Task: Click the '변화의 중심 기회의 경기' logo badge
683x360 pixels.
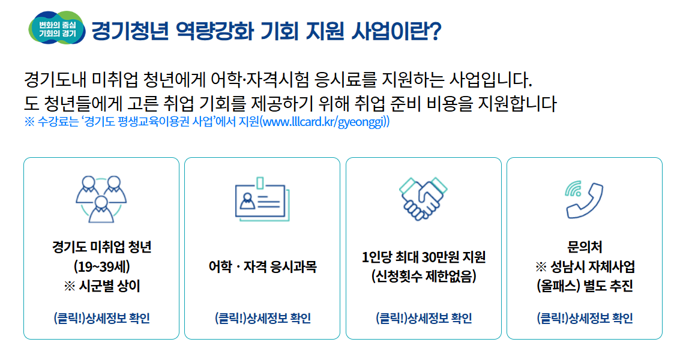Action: click(x=57, y=28)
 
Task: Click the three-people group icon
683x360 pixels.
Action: click(x=101, y=199)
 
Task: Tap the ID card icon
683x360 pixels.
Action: click(x=262, y=199)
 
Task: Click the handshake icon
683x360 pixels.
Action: click(x=423, y=199)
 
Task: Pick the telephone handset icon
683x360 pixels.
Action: click(x=584, y=199)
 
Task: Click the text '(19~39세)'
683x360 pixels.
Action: click(x=101, y=266)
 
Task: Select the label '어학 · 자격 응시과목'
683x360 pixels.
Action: click(x=262, y=266)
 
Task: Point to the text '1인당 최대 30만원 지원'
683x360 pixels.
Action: click(x=423, y=257)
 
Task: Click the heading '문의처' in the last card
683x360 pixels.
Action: click(x=584, y=247)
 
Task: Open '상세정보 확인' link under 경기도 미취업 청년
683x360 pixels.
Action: click(x=101, y=318)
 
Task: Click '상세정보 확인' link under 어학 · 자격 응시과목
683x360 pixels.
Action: click(x=262, y=318)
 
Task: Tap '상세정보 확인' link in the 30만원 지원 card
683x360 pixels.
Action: click(x=423, y=318)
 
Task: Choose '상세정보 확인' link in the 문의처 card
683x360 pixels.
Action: click(x=584, y=318)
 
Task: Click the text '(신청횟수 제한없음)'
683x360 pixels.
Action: click(x=423, y=276)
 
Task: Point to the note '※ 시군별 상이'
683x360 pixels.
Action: click(x=101, y=286)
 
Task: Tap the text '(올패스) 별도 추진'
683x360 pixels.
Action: click(x=584, y=286)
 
